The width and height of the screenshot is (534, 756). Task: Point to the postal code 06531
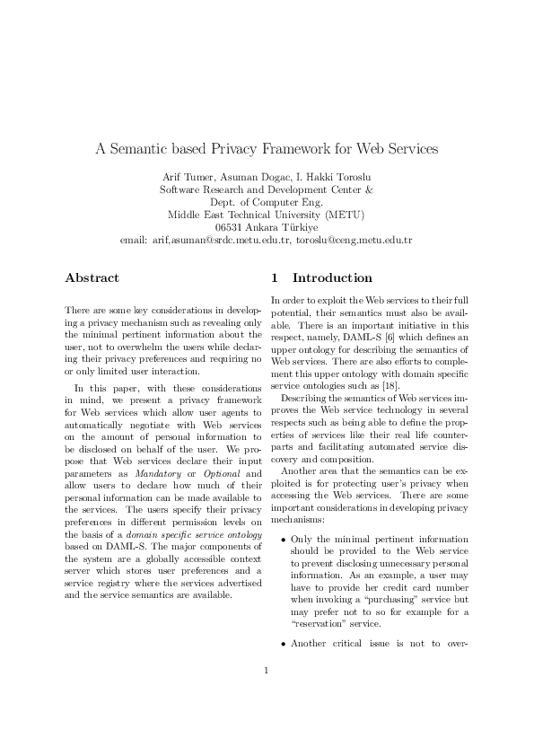click(x=231, y=227)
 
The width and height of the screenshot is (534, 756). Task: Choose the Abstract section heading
click(x=92, y=278)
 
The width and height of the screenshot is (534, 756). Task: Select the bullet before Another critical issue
click(x=284, y=669)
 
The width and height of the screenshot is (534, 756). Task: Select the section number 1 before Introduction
click(x=275, y=278)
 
